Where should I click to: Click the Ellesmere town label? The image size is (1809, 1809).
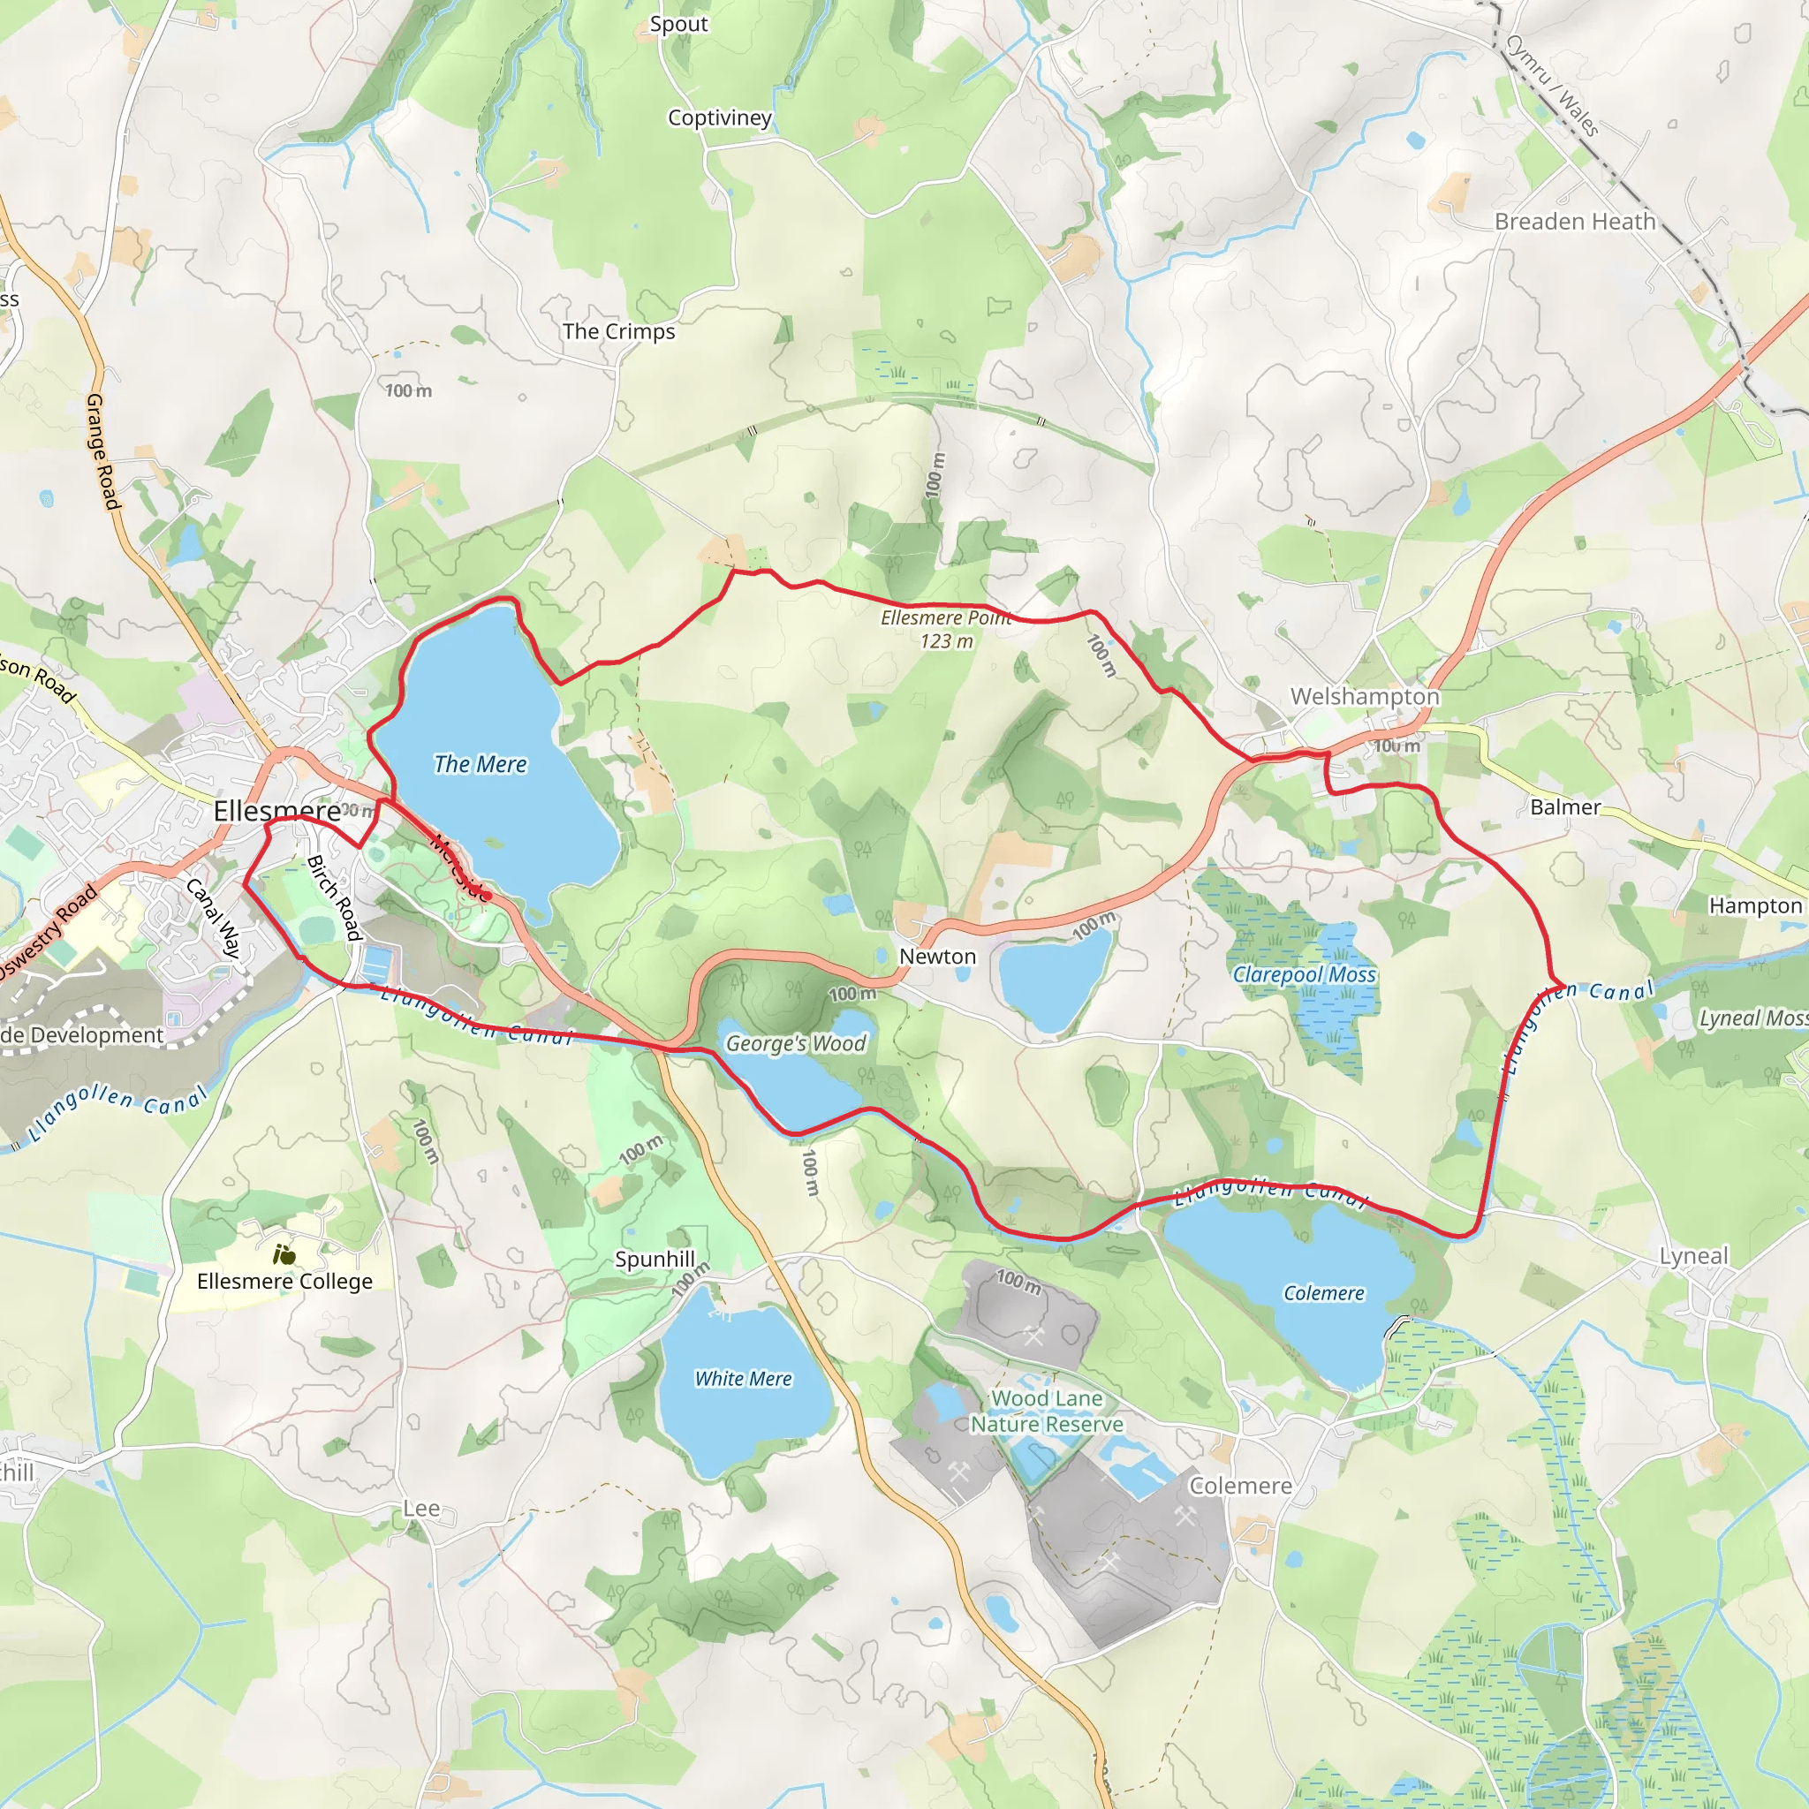click(x=277, y=811)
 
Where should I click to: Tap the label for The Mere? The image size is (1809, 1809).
click(x=481, y=765)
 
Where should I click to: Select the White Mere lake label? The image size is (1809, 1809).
click(x=743, y=1378)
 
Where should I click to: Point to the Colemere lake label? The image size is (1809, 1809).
click(x=1323, y=1293)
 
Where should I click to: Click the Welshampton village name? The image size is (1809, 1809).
click(x=1364, y=697)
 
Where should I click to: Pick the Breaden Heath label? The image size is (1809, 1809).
click(x=1575, y=222)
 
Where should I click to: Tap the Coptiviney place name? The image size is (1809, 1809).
click(x=719, y=118)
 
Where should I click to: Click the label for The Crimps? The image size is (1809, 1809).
click(x=618, y=331)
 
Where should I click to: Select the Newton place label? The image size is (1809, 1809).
click(x=937, y=956)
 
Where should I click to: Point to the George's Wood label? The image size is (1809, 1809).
click(x=796, y=1043)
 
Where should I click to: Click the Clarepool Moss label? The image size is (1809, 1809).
click(x=1305, y=975)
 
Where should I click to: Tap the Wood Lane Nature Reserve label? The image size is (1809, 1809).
click(x=1047, y=1411)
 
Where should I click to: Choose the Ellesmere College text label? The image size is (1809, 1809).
click(x=284, y=1281)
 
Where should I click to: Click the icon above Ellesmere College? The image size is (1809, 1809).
click(x=284, y=1253)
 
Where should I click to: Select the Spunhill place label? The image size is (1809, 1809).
click(x=655, y=1259)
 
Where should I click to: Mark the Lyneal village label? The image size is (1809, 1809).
click(x=1694, y=1256)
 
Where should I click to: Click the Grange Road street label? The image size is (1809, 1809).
click(x=103, y=451)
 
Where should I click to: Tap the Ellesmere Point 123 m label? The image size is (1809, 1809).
click(x=946, y=629)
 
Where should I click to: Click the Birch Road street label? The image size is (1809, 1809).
click(x=334, y=897)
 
